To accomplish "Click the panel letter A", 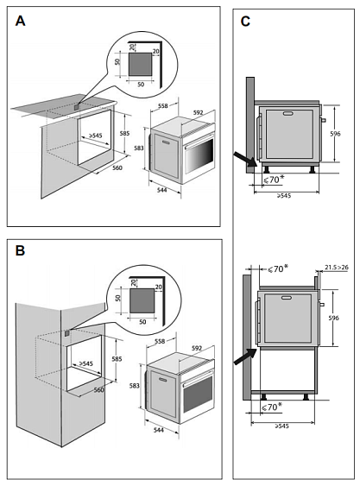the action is pyautogui.click(x=21, y=21).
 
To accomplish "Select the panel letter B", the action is pyautogui.click(x=20, y=250).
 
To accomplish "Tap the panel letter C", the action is pyautogui.click(x=245, y=22).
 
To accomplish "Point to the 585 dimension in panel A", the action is pyautogui.click(x=124, y=134).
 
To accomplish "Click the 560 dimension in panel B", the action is pyautogui.click(x=99, y=389).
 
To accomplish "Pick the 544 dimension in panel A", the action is pyautogui.click(x=161, y=190).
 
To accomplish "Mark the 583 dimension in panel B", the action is pyautogui.click(x=135, y=386).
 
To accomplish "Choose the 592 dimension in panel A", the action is pyautogui.click(x=199, y=112).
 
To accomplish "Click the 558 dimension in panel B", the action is pyautogui.click(x=160, y=341).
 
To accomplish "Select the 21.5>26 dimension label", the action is pyautogui.click(x=337, y=268).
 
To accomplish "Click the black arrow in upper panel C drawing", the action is pyautogui.click(x=245, y=159).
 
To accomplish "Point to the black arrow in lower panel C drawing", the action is pyautogui.click(x=245, y=357).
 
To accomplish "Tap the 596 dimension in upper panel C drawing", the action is pyautogui.click(x=335, y=134).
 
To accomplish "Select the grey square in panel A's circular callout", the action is pyautogui.click(x=141, y=64).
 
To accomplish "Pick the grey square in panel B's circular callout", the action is pyautogui.click(x=142, y=300).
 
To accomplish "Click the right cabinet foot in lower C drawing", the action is pyautogui.click(x=306, y=397).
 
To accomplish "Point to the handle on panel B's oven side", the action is pyautogui.click(x=162, y=379).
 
